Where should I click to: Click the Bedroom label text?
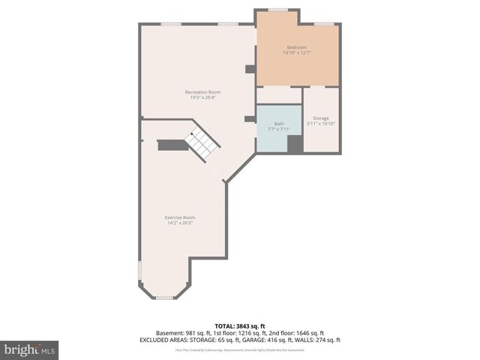(x=297, y=47)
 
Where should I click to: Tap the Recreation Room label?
(x=202, y=92)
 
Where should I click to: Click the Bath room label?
(x=279, y=123)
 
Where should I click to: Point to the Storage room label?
(x=321, y=118)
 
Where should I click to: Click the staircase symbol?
(x=202, y=144)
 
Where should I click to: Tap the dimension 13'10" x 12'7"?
(x=297, y=52)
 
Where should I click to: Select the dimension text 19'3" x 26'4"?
(x=202, y=97)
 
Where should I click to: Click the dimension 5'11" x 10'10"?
(x=321, y=123)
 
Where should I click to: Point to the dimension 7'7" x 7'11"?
(x=279, y=128)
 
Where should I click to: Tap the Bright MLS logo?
(x=30, y=349)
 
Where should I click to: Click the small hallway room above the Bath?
(x=279, y=95)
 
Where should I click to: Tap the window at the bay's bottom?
(x=164, y=298)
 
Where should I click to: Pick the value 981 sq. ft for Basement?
(x=192, y=333)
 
